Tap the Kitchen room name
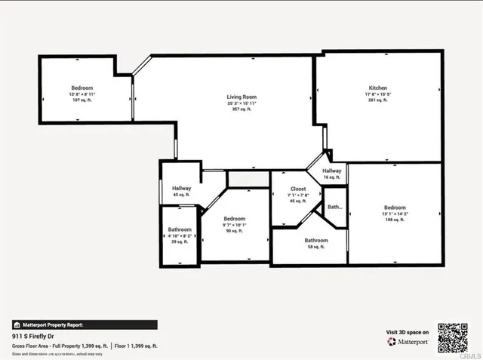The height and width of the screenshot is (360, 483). click(377, 88)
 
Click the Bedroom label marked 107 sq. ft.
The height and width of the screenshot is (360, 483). click(82, 88)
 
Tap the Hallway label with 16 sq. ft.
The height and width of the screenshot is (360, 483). click(332, 171)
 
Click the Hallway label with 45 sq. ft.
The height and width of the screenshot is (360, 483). click(181, 189)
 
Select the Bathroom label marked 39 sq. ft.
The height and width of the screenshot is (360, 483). click(180, 229)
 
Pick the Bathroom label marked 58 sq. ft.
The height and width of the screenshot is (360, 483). click(316, 240)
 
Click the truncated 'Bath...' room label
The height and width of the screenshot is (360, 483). click(334, 207)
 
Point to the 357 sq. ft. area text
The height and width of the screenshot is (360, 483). click(239, 109)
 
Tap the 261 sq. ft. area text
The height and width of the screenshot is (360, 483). click(377, 100)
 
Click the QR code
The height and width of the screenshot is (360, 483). click(453, 337)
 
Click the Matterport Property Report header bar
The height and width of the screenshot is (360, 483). click(85, 325)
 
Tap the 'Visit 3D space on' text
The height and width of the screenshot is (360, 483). click(408, 332)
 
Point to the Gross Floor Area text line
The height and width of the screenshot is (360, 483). click(59, 345)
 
